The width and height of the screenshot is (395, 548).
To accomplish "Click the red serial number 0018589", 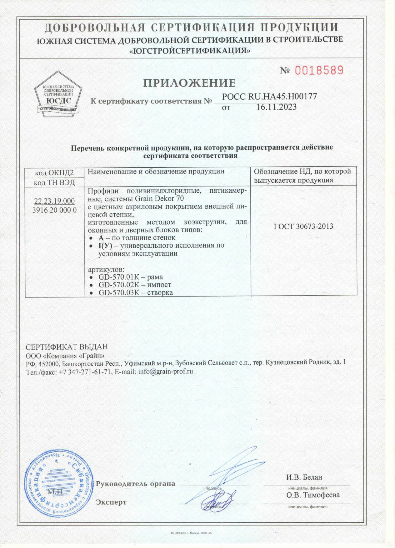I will [319, 70].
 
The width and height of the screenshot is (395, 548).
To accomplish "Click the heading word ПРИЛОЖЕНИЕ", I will [189, 83].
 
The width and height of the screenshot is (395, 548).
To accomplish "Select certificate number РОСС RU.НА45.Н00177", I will [269, 97].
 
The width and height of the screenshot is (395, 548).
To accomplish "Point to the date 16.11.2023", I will [276, 107].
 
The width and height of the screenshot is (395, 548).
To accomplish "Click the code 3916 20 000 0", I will [55, 210].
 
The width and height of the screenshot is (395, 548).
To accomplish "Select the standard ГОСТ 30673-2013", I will [303, 226].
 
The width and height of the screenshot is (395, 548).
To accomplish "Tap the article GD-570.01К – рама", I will [130, 277].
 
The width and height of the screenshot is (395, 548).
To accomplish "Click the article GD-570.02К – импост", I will [134, 285].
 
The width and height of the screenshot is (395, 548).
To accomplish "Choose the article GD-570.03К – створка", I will [135, 293].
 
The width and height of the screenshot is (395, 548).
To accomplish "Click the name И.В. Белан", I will [304, 477].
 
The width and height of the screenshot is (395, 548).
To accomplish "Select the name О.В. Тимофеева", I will [313, 495].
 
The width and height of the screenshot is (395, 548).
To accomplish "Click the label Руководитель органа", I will [135, 484].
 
